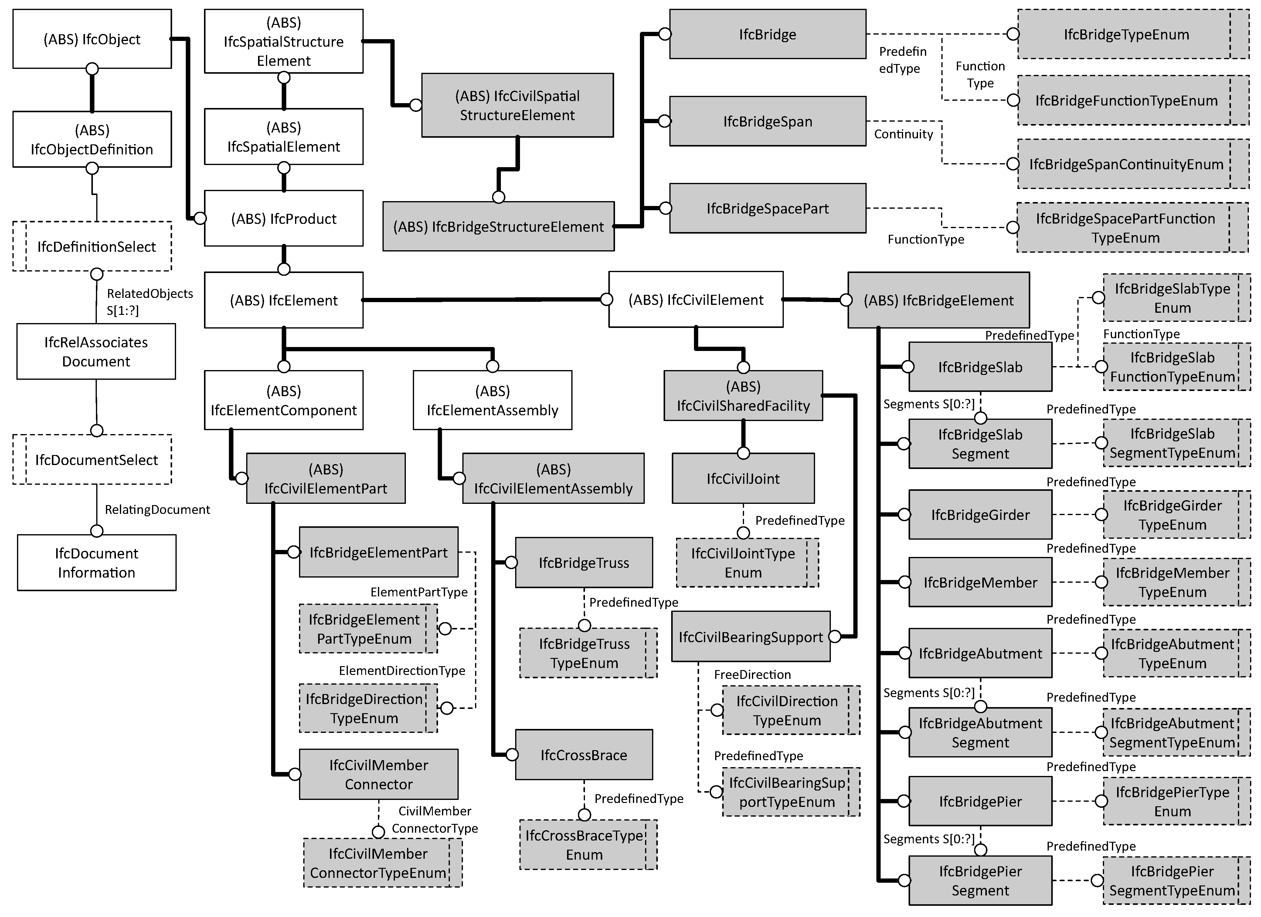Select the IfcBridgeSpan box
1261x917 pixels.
(x=767, y=121)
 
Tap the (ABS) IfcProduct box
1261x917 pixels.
(x=284, y=218)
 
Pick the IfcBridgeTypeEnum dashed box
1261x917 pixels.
(x=1126, y=35)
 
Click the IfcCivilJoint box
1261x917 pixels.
(x=743, y=478)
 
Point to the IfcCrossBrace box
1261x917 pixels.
(x=584, y=755)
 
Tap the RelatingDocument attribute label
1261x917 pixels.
(x=157, y=510)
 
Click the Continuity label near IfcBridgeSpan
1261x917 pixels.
(x=903, y=134)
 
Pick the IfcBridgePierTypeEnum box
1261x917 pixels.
(x=1172, y=801)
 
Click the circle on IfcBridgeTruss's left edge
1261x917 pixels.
(x=511, y=562)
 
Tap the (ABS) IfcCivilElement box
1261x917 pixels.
(x=695, y=300)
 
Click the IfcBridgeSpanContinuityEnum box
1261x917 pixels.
(x=1126, y=164)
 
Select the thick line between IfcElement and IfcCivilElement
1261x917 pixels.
(x=484, y=300)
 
